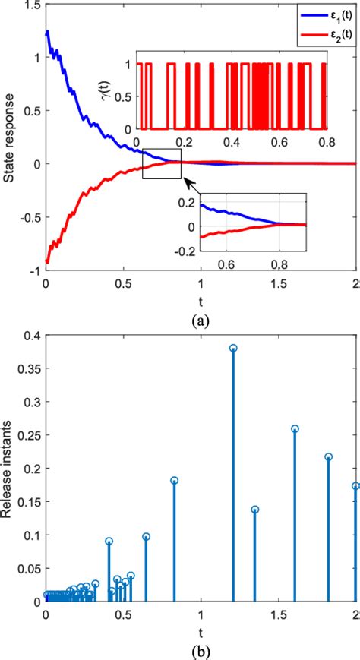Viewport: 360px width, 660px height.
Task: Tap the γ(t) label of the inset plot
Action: [125, 96]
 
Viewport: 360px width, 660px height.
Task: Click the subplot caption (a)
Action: [201, 321]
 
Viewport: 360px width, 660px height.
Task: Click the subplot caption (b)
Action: [201, 651]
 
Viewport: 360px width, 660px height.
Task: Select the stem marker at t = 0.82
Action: [174, 480]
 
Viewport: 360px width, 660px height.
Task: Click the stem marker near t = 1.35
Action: [255, 510]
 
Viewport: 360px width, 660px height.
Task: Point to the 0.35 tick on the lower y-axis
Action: [27, 368]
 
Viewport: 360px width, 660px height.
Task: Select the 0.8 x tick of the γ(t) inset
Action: [327, 142]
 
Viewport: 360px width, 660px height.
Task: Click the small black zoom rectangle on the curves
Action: [162, 163]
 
